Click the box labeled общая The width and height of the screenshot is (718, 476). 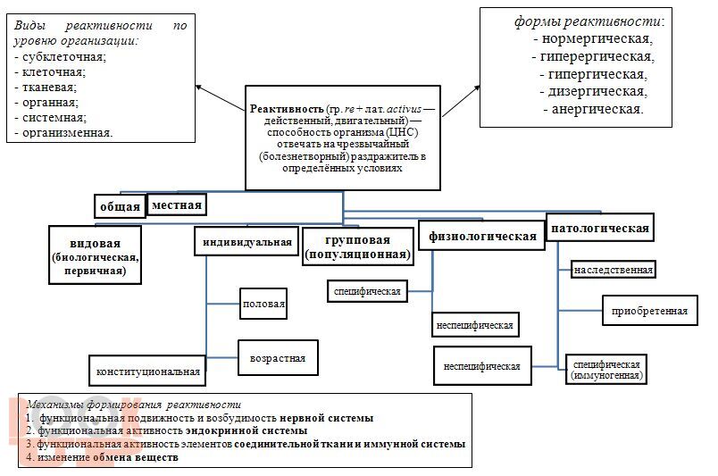point(120,206)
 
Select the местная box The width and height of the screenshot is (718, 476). point(177,205)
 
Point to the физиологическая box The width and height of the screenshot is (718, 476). point(482,236)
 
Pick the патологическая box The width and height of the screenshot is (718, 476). point(599,228)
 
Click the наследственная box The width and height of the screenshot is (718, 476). point(614,270)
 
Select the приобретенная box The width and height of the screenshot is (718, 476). point(649,311)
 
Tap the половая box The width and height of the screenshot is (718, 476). point(263,304)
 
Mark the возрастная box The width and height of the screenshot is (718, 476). point(277,358)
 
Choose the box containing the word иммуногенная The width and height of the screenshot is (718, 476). point(606,370)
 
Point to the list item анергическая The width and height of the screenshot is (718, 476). point(593,108)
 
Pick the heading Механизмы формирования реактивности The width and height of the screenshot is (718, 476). point(134,404)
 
